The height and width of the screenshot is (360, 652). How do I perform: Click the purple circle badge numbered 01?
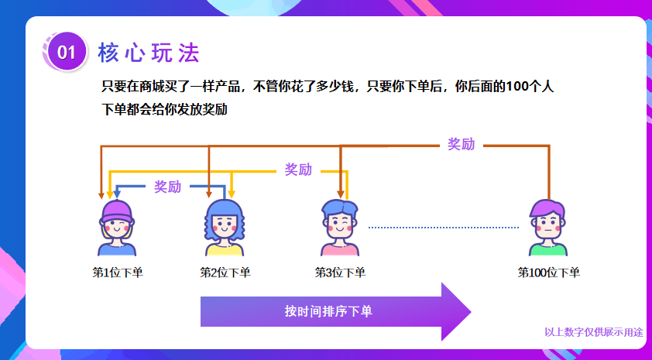(x=67, y=52)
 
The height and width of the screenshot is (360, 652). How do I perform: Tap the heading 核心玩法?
(x=149, y=53)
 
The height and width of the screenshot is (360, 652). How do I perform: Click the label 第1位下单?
(x=118, y=273)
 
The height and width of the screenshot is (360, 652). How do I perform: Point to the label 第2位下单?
(x=225, y=273)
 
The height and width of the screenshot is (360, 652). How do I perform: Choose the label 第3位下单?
(x=340, y=273)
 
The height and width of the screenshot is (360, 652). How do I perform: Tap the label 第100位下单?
(x=548, y=273)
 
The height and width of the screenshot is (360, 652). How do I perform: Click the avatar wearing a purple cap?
(x=117, y=228)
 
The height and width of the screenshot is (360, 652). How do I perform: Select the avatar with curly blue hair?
(x=225, y=228)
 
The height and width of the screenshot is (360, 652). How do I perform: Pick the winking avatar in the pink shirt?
(x=340, y=228)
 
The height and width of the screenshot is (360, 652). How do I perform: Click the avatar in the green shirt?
(x=548, y=228)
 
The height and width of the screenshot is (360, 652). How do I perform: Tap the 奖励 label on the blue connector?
(x=167, y=187)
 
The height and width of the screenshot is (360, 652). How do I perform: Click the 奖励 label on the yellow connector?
(x=298, y=170)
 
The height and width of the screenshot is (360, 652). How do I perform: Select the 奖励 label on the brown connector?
(x=462, y=144)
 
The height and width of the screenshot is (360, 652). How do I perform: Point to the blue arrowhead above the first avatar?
(x=117, y=194)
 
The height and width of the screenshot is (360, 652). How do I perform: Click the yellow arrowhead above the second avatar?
(x=232, y=194)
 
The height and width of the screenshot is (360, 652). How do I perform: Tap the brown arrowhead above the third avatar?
(x=341, y=194)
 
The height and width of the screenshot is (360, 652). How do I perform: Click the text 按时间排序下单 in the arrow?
(x=328, y=311)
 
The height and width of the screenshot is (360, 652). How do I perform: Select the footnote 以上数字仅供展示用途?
(x=594, y=332)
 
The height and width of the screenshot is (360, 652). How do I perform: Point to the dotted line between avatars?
(x=444, y=228)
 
